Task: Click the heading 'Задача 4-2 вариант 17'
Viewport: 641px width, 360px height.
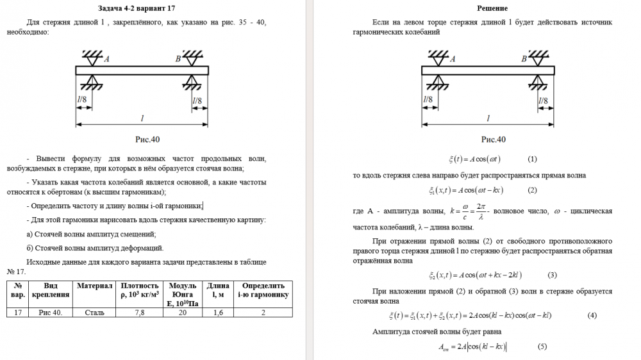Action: coord(137,8)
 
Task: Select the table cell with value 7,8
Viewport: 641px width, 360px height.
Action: coord(139,313)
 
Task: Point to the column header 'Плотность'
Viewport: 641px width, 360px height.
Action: coord(139,285)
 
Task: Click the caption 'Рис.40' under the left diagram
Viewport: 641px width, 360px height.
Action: coord(147,139)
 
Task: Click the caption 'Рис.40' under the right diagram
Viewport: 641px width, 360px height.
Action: coord(494,139)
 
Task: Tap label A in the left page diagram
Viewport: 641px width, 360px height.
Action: coord(106,59)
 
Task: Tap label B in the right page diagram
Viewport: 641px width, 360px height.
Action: coord(524,59)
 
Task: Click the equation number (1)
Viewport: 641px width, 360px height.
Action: coord(532,159)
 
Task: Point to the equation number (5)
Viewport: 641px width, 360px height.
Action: coord(542,347)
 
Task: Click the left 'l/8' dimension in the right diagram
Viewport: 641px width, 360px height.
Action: coord(428,100)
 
